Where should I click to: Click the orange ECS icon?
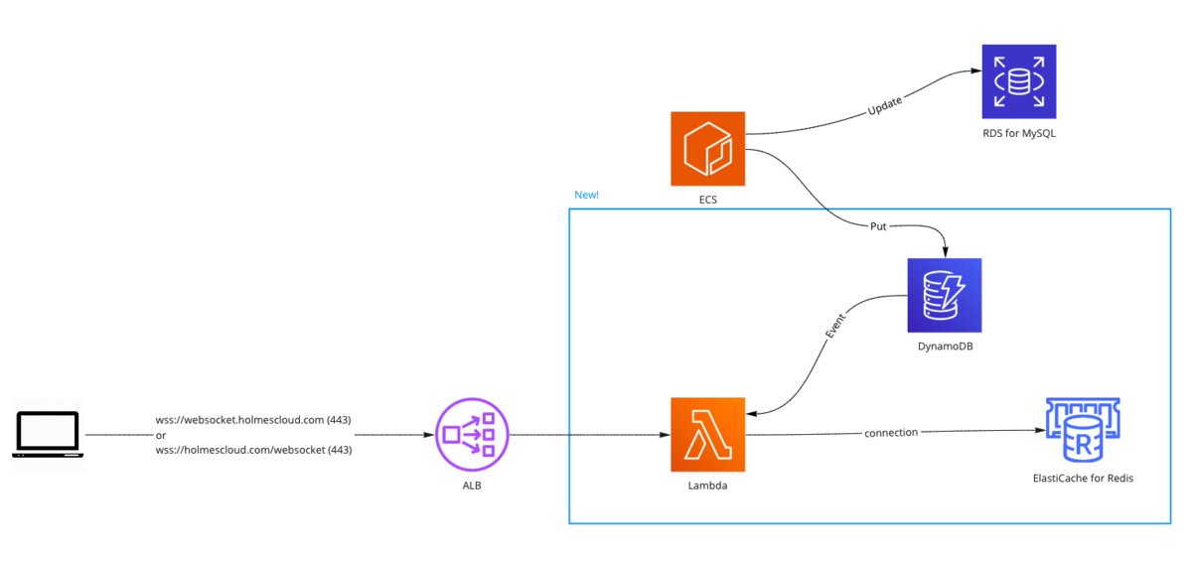[707, 149]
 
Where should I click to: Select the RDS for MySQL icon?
[1019, 81]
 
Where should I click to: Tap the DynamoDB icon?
[945, 295]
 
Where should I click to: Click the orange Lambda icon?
[707, 434]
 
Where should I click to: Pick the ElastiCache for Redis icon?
[1083, 430]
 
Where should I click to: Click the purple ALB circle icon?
[472, 434]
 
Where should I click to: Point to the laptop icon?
[48, 434]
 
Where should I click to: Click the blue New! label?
[586, 196]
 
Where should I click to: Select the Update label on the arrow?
[884, 105]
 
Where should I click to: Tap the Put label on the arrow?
[878, 226]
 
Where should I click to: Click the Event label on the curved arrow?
[835, 326]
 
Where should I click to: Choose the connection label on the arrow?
[891, 433]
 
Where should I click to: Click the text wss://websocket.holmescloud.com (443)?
[253, 420]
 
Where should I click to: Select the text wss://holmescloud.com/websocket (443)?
[254, 450]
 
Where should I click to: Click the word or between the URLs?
[161, 436]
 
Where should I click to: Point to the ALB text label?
[472, 486]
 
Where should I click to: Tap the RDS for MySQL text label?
[1019, 133]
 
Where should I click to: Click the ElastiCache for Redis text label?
[1083, 479]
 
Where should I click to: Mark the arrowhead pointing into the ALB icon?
[429, 435]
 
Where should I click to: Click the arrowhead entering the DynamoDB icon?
[945, 252]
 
